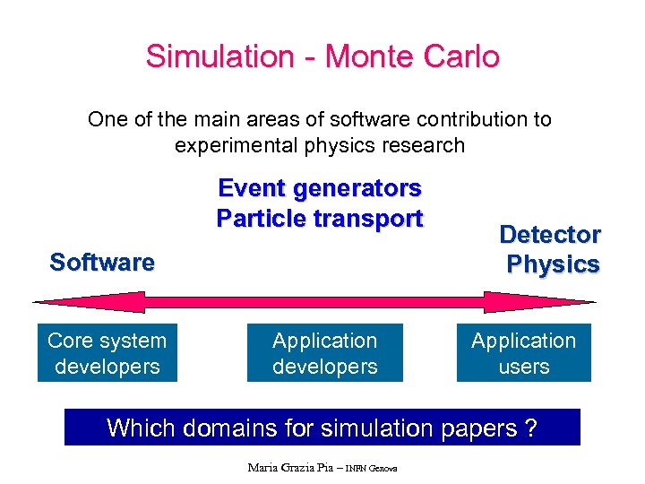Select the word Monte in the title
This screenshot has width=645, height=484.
(367, 56)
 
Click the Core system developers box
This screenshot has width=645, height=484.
(107, 353)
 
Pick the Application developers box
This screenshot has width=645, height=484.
(325, 353)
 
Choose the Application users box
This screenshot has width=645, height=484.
(524, 353)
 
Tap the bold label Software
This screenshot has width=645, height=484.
(102, 263)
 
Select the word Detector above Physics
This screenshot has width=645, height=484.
(550, 235)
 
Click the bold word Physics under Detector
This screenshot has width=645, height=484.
(553, 264)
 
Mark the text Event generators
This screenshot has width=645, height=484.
(320, 188)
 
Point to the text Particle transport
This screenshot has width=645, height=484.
(320, 218)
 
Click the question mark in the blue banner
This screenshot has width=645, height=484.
(531, 428)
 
